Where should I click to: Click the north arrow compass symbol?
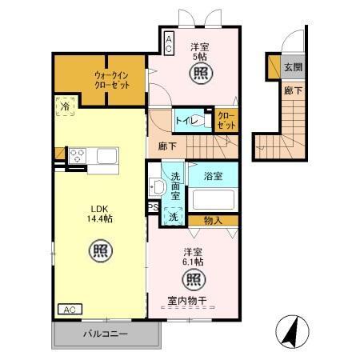tap(292, 331)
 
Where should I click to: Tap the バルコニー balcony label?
tap(106, 334)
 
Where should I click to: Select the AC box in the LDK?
tap(70, 310)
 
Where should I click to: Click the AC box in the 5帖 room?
tap(169, 43)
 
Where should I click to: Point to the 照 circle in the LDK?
tap(101, 251)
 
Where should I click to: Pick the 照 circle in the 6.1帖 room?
tap(194, 279)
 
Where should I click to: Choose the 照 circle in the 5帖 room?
tap(202, 73)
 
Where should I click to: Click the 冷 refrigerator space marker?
tap(65, 106)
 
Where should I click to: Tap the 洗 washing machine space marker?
tap(174, 217)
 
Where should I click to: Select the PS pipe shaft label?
tap(154, 207)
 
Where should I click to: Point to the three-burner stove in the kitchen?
tap(78, 156)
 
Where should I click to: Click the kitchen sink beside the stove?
tap(107, 156)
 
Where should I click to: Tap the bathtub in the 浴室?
tap(214, 199)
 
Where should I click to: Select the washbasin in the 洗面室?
tap(157, 187)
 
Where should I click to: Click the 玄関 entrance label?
tap(293, 67)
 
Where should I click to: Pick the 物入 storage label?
tap(213, 221)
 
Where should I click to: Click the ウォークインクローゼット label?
tap(112, 80)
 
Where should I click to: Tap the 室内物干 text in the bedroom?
tap(187, 301)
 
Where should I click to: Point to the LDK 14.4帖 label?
tap(99, 214)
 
